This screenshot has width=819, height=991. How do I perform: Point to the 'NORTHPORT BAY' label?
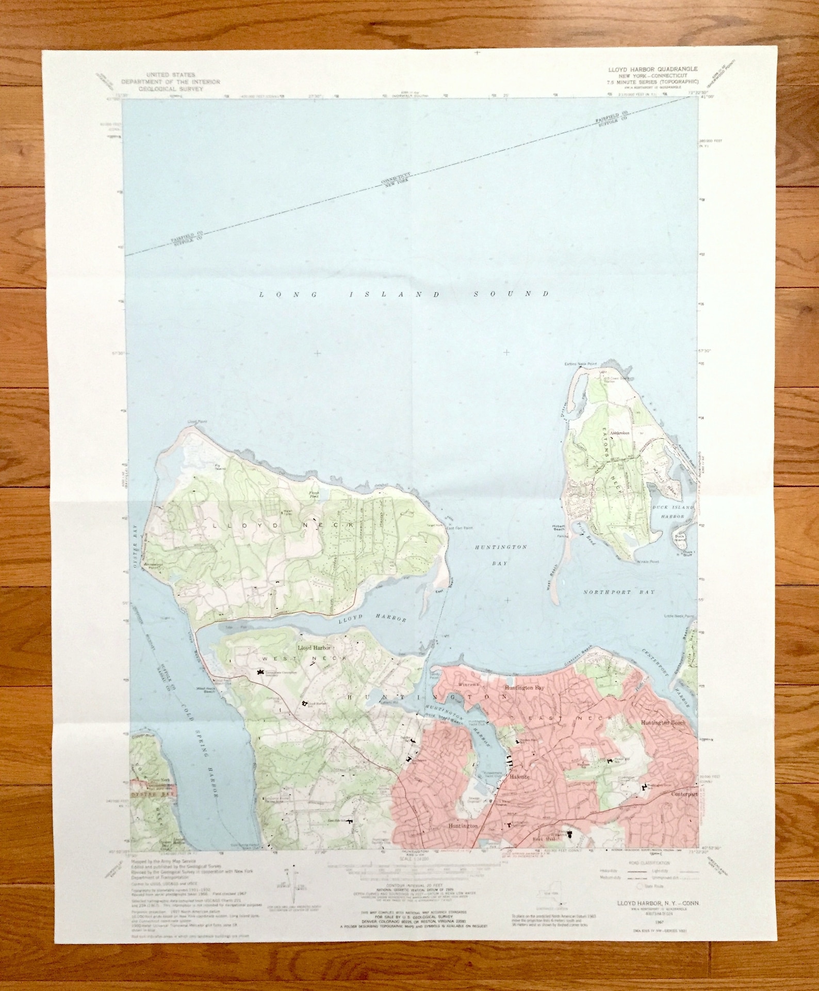click(x=619, y=592)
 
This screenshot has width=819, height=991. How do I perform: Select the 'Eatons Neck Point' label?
click(x=580, y=364)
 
